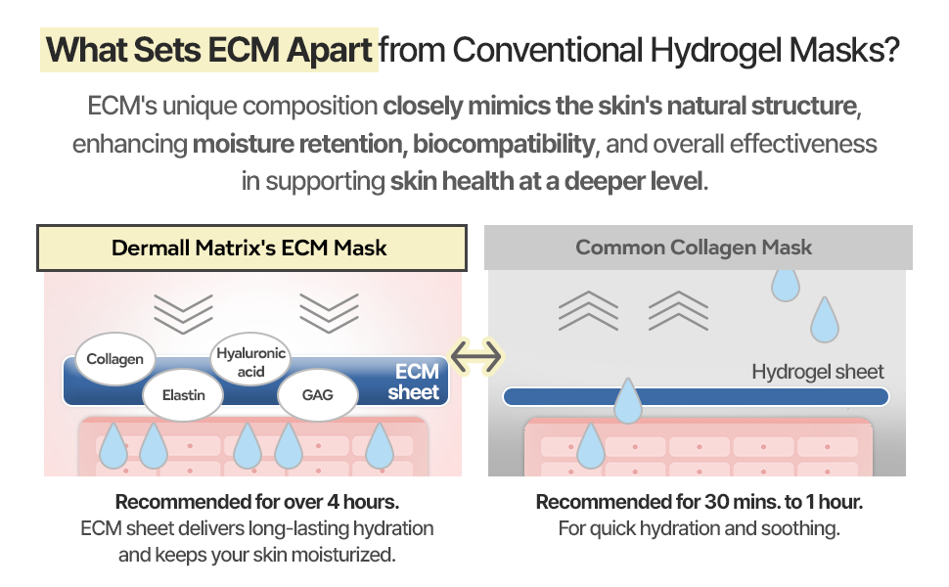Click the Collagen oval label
[114, 359]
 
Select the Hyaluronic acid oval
[251, 362]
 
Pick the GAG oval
[317, 396]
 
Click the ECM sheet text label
[415, 383]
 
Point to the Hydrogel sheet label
[817, 372]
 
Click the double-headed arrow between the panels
[474, 356]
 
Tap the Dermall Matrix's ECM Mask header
[249, 248]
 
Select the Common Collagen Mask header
[694, 248]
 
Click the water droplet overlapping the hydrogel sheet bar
[627, 402]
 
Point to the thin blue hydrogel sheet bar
[763, 396]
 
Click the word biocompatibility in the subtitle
[504, 145]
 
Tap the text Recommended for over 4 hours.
[257, 503]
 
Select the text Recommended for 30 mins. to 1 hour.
[699, 503]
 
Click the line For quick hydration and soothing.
[699, 529]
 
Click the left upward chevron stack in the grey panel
[588, 310]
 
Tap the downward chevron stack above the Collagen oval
[183, 311]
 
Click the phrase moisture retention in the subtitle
[297, 145]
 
